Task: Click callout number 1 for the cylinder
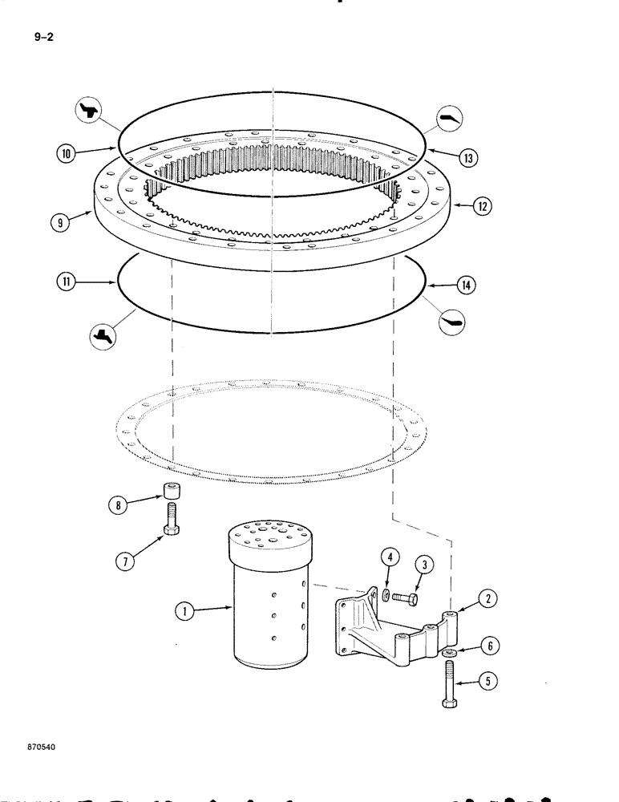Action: tap(184, 611)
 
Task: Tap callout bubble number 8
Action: tap(119, 505)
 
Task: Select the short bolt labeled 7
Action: tap(170, 520)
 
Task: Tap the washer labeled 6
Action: tap(447, 654)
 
